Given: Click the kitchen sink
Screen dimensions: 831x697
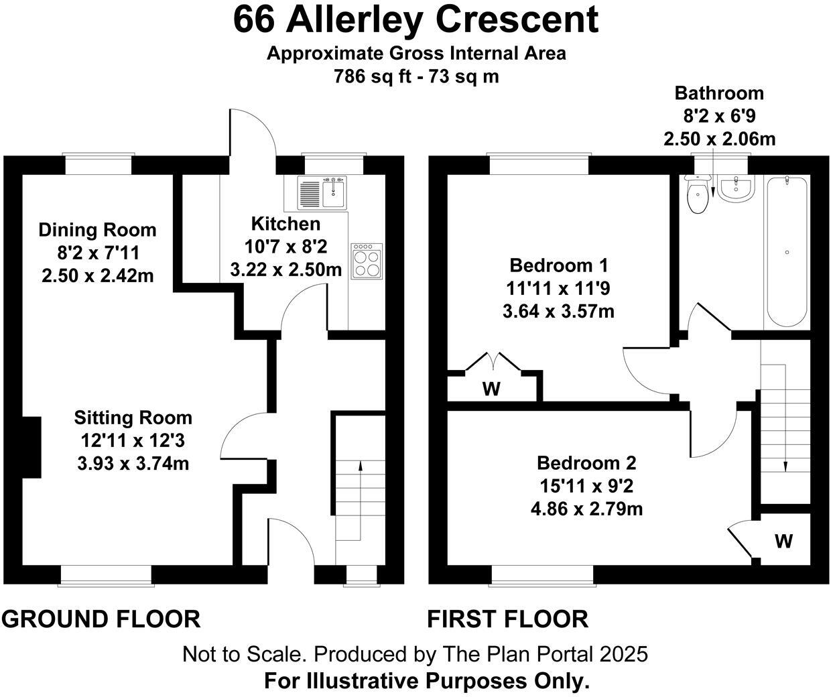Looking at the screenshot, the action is point(322,192).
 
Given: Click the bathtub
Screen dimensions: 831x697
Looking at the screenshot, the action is point(787,251).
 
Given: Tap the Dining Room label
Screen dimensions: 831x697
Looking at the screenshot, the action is point(97,230).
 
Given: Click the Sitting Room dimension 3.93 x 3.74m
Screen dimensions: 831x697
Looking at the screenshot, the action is point(133,463).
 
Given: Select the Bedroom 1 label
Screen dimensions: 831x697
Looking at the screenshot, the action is point(559,265).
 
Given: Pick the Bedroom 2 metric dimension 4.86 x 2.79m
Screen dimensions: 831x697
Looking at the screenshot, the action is point(586,509).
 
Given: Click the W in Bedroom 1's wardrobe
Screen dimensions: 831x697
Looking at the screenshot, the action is point(491,389).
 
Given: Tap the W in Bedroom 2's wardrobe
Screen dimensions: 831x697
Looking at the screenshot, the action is point(783,541).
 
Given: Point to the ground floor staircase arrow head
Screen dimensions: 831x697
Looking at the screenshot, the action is point(361,466).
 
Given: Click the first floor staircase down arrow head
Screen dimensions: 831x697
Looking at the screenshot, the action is point(785,466).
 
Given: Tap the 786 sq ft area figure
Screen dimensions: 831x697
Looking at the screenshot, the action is point(373,76).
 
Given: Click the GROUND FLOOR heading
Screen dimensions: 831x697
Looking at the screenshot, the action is point(101,619).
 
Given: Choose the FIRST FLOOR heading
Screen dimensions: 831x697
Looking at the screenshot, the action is point(507,619).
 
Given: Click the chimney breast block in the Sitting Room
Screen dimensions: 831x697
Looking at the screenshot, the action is point(31,448).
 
